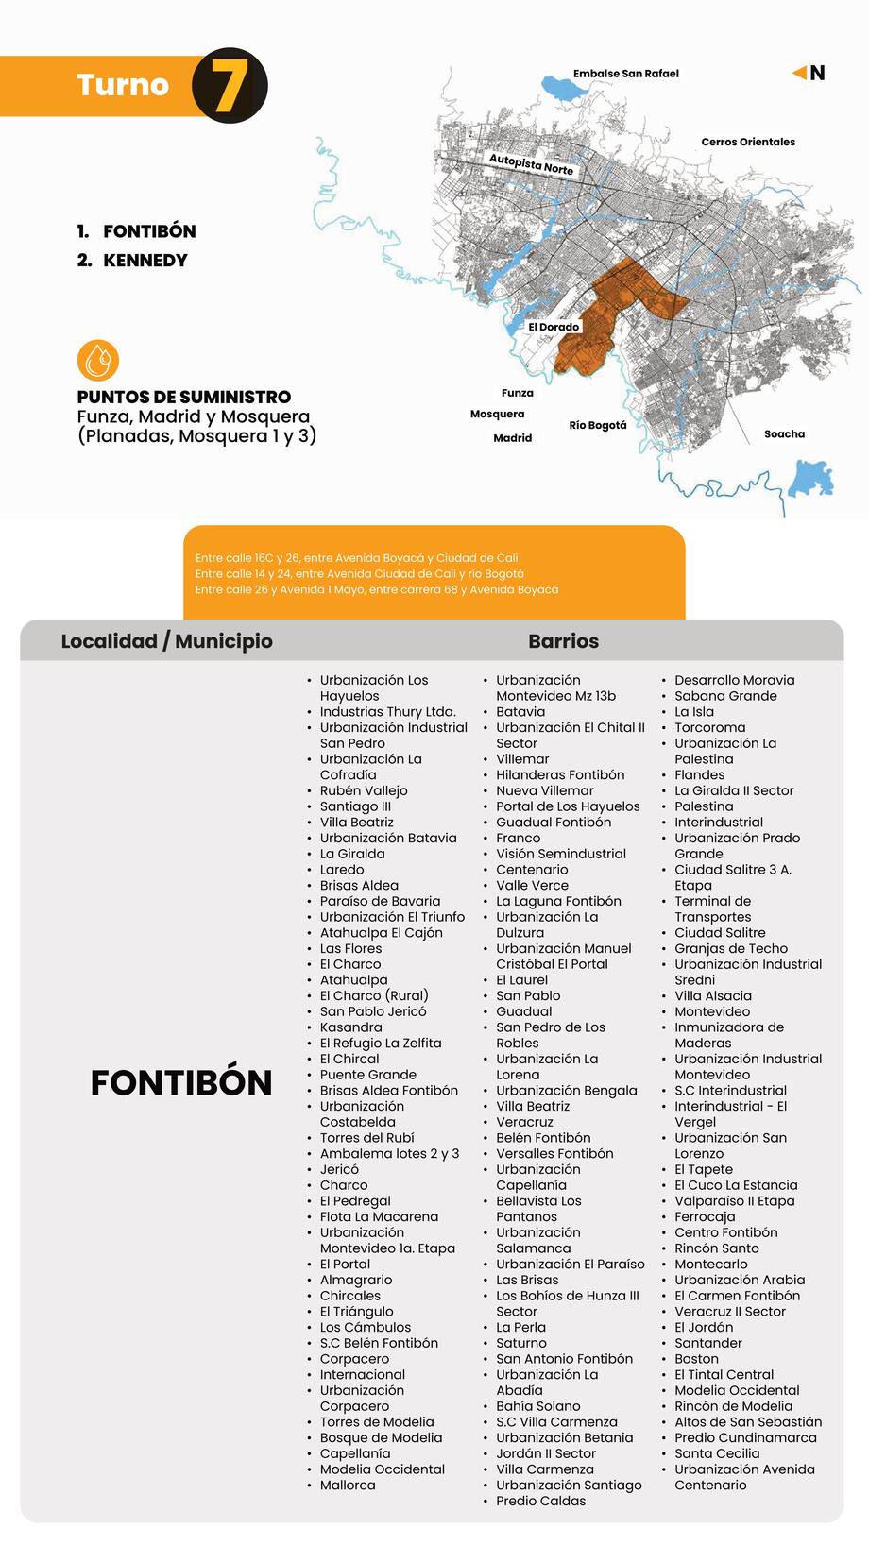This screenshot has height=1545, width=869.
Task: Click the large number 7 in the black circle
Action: [x=229, y=86]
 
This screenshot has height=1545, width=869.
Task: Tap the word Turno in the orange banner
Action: [x=123, y=85]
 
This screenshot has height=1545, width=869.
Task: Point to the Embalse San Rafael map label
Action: [x=625, y=74]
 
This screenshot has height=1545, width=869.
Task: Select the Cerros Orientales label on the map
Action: [x=748, y=142]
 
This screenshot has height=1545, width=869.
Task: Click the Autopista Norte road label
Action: [x=531, y=164]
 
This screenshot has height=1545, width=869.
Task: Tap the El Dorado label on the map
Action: [x=554, y=327]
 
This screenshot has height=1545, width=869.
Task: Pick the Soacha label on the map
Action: [x=784, y=434]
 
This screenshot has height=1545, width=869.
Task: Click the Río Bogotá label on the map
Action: [x=598, y=425]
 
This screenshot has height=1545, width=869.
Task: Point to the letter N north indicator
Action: [x=817, y=74]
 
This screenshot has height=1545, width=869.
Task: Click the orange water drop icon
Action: [x=98, y=360]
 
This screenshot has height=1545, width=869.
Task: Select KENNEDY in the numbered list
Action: [x=145, y=261]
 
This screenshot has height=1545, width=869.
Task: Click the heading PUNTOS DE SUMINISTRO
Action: [x=184, y=397]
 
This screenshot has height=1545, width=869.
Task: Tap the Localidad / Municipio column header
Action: [x=166, y=641]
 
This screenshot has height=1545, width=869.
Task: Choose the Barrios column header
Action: [x=563, y=641]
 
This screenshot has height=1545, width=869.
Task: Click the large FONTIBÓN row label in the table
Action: [x=181, y=1082]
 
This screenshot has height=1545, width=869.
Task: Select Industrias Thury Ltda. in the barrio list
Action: [x=387, y=712]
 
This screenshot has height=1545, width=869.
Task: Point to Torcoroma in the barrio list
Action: [x=709, y=728]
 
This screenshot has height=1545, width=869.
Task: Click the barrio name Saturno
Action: [x=520, y=1343]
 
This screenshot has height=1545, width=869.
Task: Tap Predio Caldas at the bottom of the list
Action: [x=540, y=1501]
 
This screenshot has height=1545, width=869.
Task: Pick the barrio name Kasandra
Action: [x=350, y=1027]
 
